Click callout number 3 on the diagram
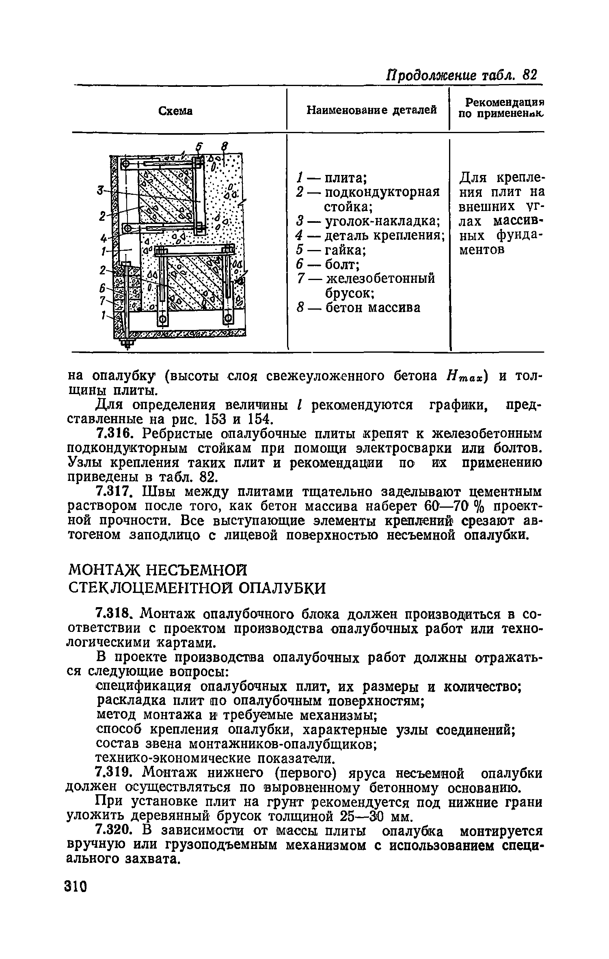[x=100, y=190]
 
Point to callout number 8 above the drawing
[x=224, y=147]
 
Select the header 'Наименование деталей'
[x=371, y=110]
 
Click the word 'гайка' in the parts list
[x=346, y=250]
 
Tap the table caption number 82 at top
[x=530, y=75]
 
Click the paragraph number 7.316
[x=116, y=434]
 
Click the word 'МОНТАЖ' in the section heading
[x=104, y=570]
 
